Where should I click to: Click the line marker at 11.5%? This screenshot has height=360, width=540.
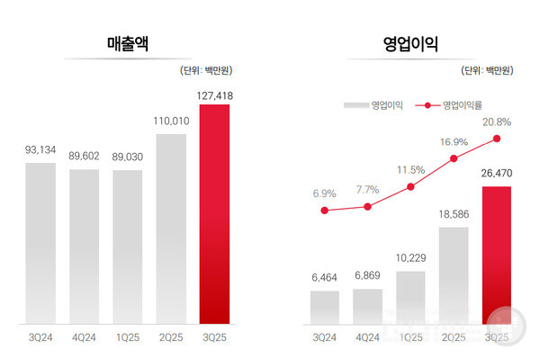click(410, 187)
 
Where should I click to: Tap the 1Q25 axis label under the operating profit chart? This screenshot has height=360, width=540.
click(409, 338)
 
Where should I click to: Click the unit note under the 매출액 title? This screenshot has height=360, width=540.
click(203, 69)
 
